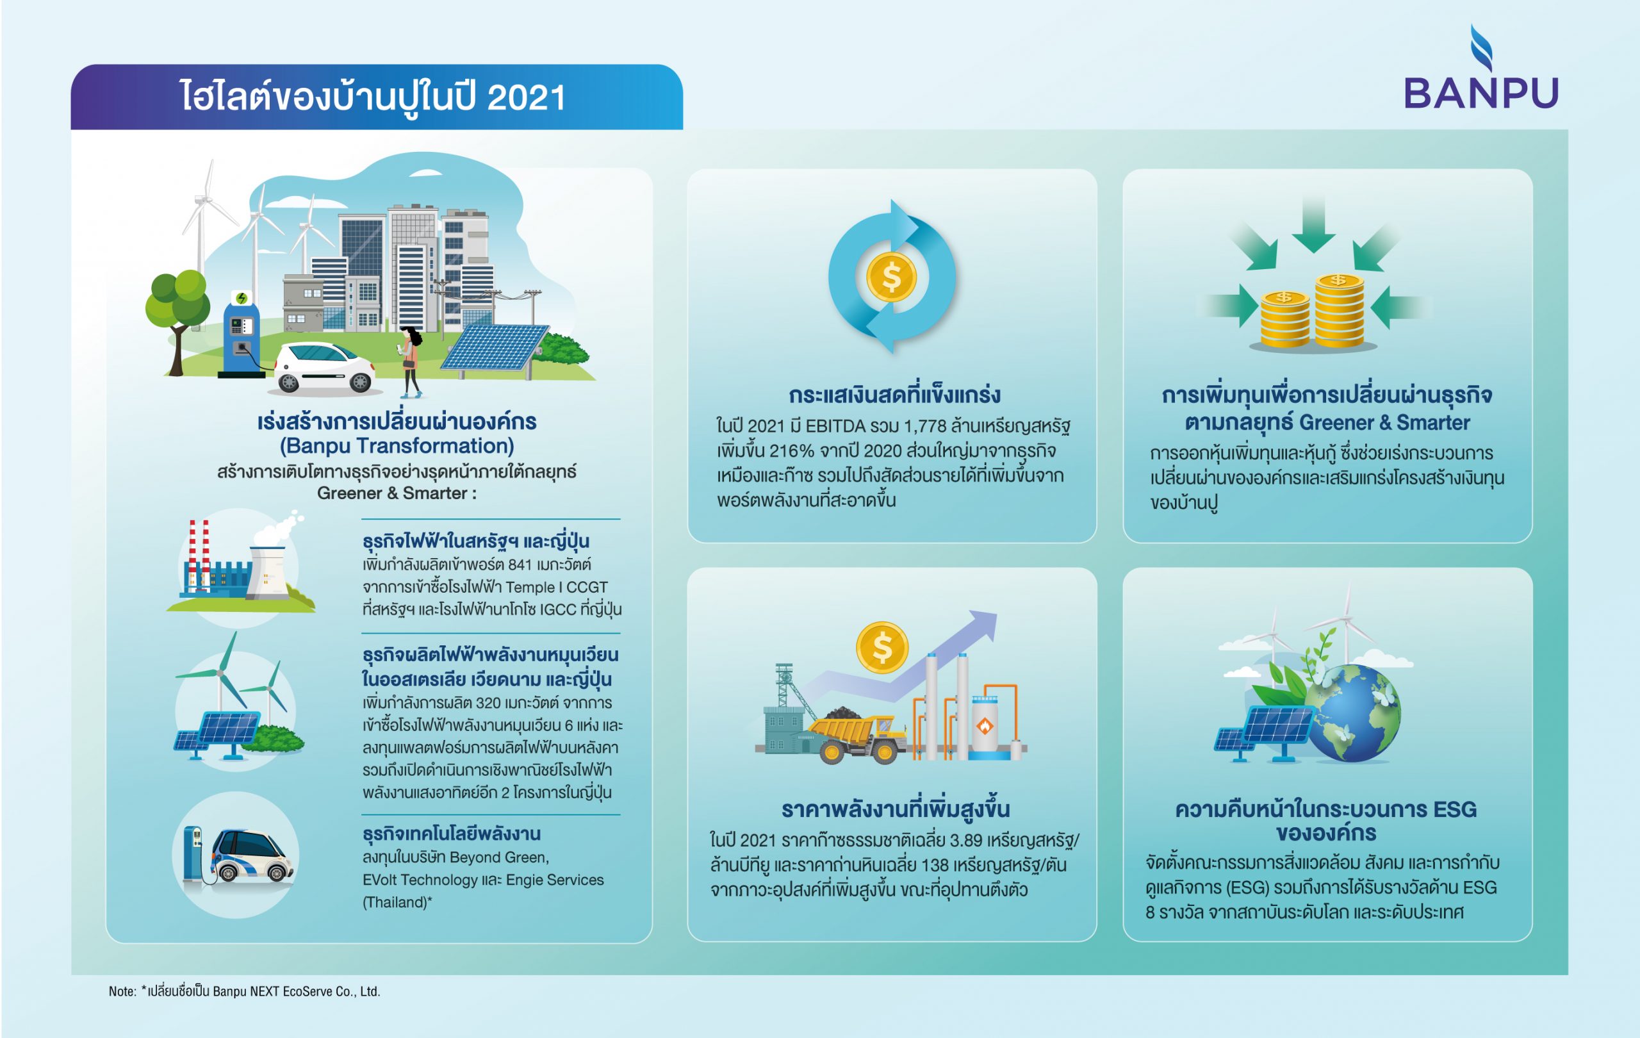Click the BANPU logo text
pos(1481,94)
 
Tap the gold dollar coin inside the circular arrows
pos(891,277)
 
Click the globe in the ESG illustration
pos(1352,712)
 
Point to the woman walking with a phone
pos(410,361)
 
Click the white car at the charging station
pos(323,368)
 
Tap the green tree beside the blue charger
pos(176,320)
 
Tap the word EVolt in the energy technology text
pos(381,880)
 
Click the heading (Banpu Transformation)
pos(397,446)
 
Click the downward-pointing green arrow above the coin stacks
pos(1313,224)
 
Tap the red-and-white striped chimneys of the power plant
pos(199,556)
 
